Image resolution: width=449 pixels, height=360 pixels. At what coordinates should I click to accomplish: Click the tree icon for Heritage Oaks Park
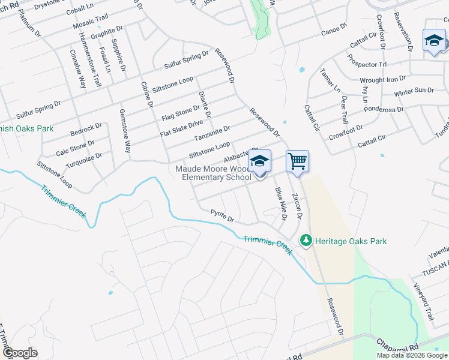click(x=307, y=241)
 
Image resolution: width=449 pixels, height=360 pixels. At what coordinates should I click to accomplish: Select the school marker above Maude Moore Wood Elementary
click(x=259, y=161)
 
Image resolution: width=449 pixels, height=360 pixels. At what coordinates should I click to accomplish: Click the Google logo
click(x=19, y=353)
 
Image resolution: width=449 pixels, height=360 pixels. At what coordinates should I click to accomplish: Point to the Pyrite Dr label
click(x=221, y=215)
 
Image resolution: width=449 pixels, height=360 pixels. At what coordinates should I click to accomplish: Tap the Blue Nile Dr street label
click(x=280, y=203)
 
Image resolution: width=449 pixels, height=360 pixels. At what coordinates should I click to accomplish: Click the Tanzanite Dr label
click(x=212, y=133)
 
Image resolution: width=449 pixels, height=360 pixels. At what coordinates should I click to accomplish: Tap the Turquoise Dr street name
click(x=85, y=159)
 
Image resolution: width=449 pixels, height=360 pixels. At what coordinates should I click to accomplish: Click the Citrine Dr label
click(x=146, y=95)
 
